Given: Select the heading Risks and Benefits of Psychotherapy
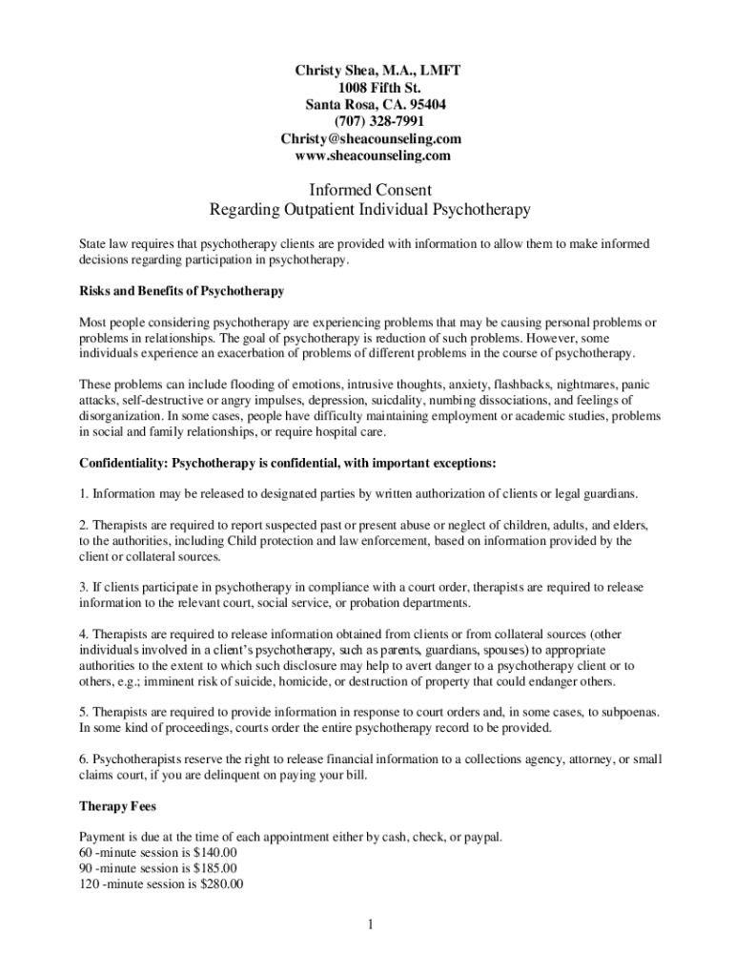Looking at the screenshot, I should click(x=182, y=290).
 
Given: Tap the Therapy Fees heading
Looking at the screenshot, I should click(x=117, y=807).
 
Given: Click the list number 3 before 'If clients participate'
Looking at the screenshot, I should click(x=83, y=588).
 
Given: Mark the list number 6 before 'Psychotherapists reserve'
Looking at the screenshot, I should click(x=83, y=759).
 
